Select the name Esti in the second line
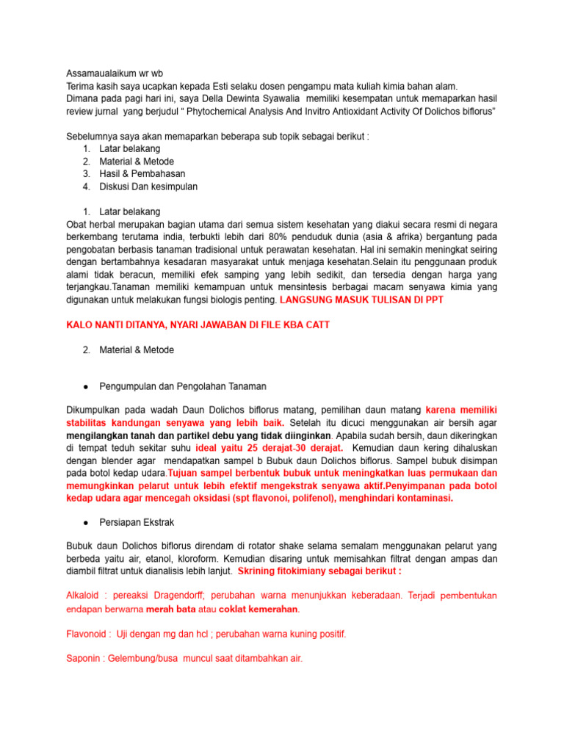coord(221,86)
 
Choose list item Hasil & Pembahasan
coord(142,173)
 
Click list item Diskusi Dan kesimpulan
coord(148,187)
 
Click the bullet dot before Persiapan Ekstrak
coord(86,522)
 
